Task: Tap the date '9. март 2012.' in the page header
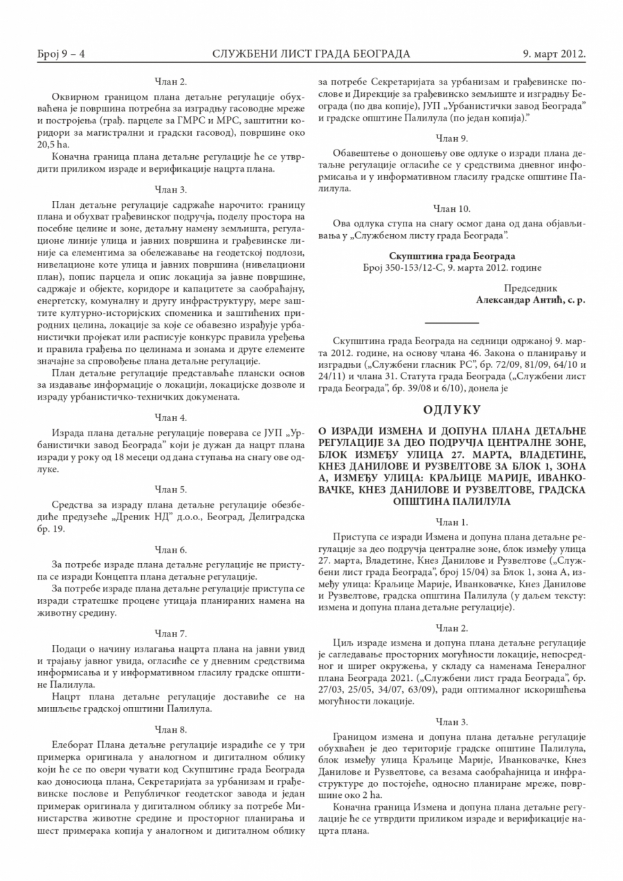554,53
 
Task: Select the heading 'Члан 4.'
171,418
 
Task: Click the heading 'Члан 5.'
171,489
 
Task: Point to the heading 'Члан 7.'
171,633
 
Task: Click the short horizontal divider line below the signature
452,323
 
